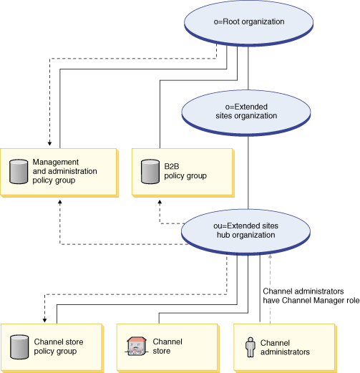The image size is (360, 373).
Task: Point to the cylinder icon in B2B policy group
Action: click(x=149, y=171)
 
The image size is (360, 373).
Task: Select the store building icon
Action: click(x=135, y=346)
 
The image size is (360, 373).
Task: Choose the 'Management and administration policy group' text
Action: click(x=64, y=171)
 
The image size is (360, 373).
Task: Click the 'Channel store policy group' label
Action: click(x=65, y=347)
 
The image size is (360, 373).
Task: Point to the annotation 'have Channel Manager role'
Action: click(x=310, y=301)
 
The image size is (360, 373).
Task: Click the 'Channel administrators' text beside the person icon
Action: click(x=285, y=347)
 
